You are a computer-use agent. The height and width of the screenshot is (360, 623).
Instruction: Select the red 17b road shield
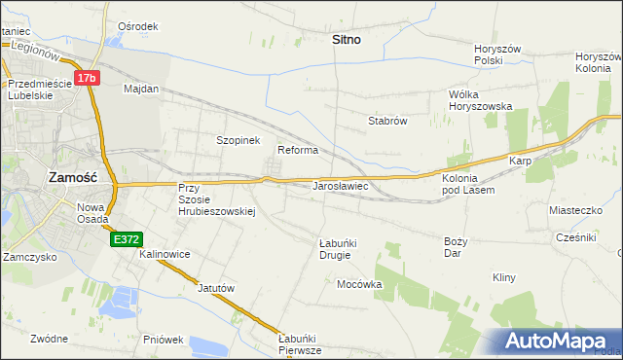click(x=88, y=77)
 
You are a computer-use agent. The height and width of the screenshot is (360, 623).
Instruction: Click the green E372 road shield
click(x=127, y=238)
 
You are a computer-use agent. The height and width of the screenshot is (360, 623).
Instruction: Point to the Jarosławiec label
click(x=339, y=184)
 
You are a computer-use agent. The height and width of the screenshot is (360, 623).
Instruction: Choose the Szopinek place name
click(x=238, y=140)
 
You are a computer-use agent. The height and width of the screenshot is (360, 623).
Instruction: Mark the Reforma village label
click(x=299, y=150)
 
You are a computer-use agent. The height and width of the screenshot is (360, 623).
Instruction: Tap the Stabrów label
click(x=386, y=122)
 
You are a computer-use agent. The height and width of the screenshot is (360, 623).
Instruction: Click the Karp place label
click(x=518, y=161)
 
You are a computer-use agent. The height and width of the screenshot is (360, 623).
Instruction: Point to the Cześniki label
click(x=575, y=236)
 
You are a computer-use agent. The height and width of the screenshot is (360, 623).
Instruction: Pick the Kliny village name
click(x=503, y=277)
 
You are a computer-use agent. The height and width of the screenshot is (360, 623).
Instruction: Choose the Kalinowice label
click(x=165, y=254)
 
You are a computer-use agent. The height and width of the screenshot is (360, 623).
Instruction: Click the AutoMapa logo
click(x=557, y=341)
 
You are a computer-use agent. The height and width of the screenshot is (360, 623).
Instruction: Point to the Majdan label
click(x=141, y=89)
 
